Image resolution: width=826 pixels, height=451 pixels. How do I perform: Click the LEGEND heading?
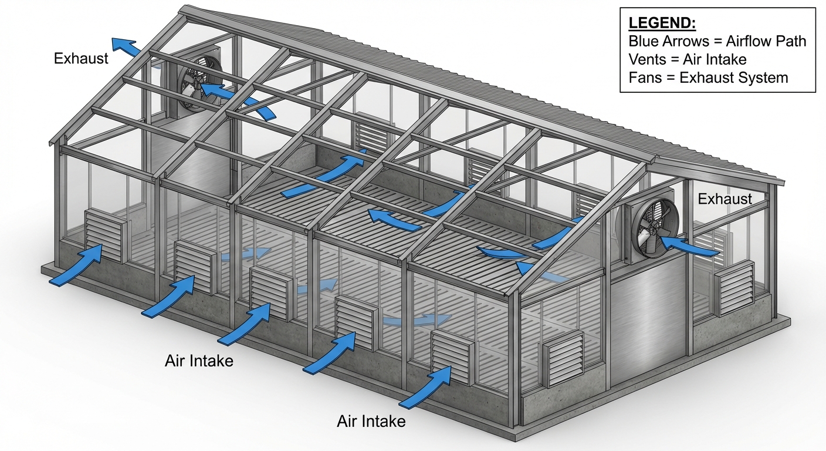[x=662, y=23]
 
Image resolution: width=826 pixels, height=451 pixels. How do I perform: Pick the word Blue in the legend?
[x=643, y=41]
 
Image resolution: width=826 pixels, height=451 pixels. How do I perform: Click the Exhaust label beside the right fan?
[x=725, y=199]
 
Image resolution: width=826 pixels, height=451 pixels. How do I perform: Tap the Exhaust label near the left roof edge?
[x=81, y=58]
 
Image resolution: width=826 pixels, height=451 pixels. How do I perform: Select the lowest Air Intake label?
[x=371, y=421]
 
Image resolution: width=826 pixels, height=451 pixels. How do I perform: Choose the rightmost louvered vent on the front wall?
[x=452, y=356]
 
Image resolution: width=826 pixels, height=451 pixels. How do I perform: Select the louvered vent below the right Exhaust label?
[x=734, y=288]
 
